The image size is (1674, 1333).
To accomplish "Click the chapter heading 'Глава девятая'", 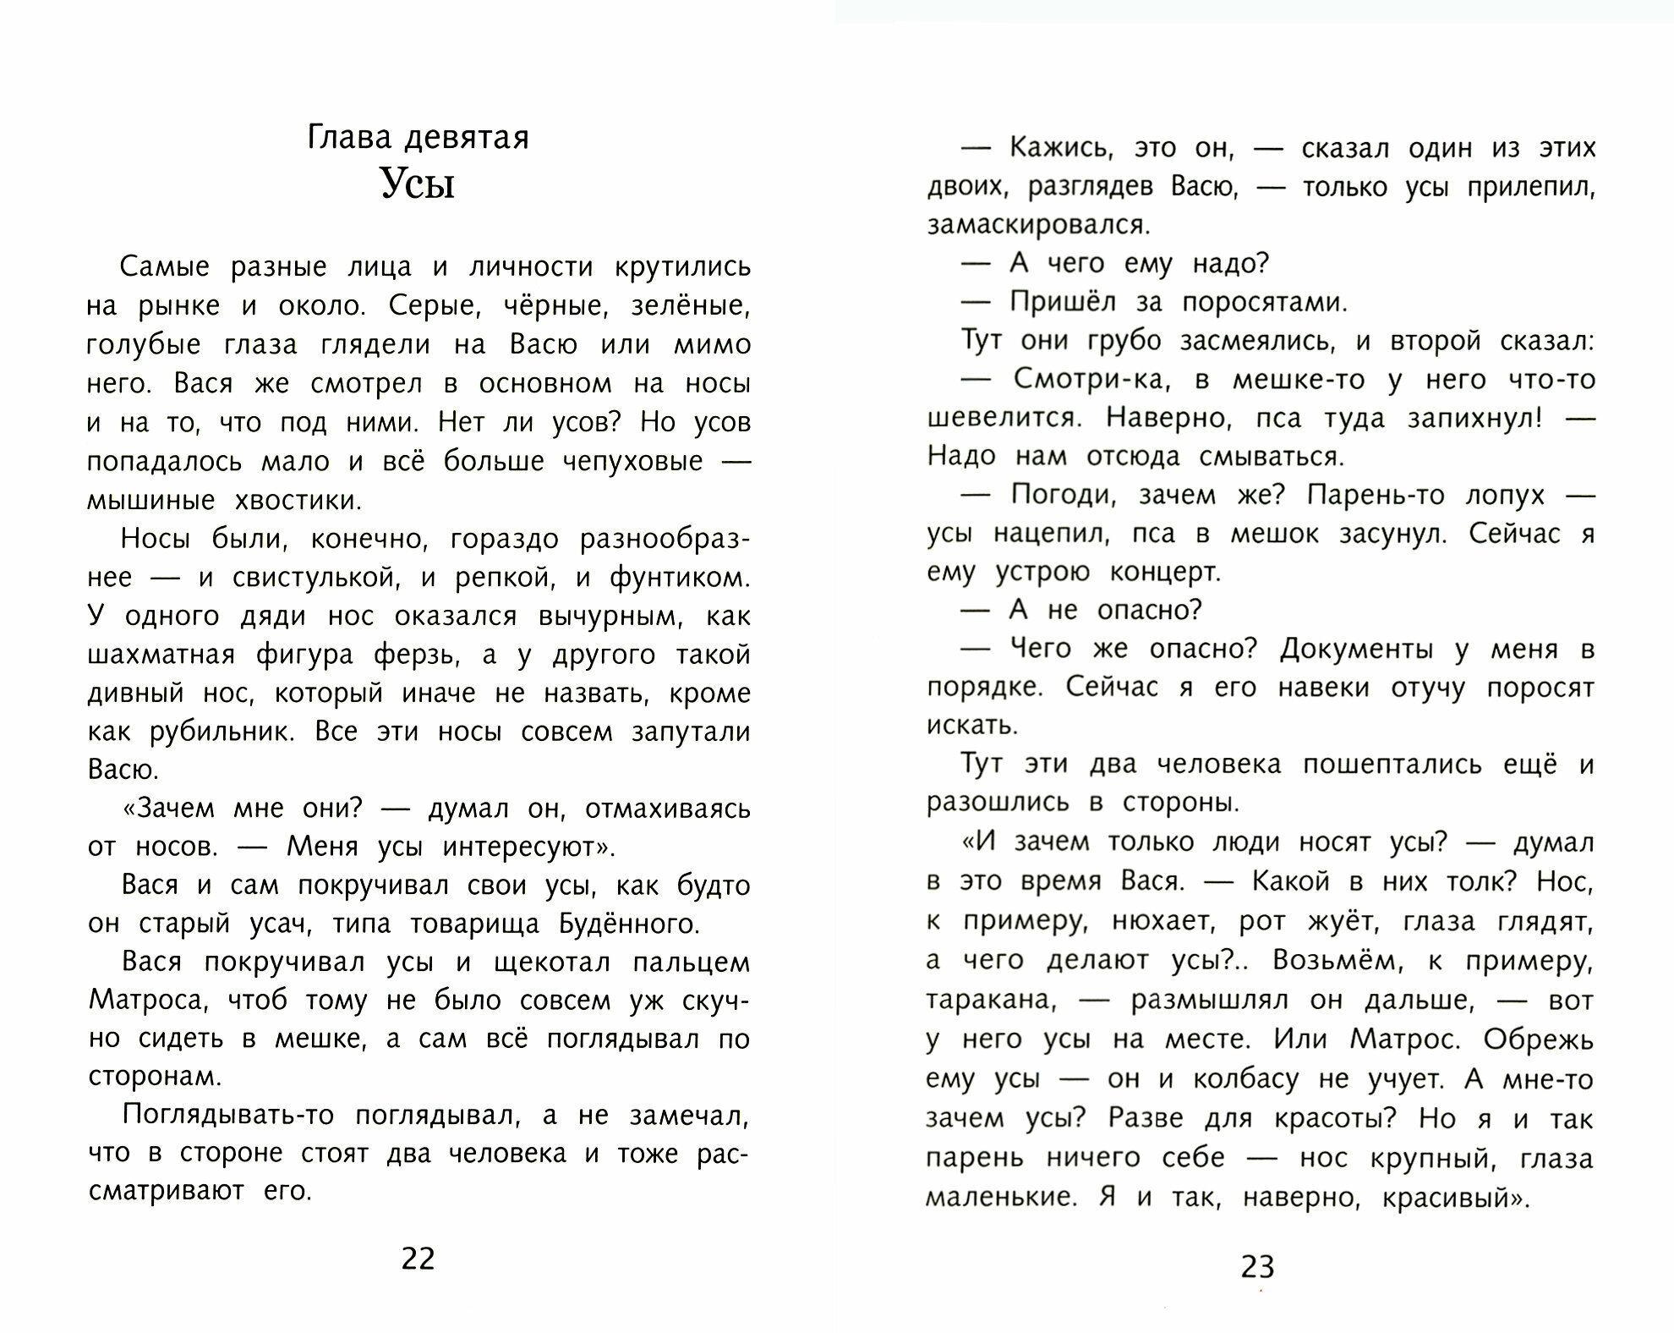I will [418, 137].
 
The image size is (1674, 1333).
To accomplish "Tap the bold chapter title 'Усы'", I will [418, 183].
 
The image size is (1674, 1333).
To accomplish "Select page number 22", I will [418, 1259].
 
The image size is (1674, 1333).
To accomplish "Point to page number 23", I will [1257, 1267].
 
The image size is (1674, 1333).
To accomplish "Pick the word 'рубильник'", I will [222, 732].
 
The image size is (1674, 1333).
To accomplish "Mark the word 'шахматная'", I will [161, 655].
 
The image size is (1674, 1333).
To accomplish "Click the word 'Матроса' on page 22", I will [147, 1001].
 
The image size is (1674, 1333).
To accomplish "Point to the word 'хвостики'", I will [297, 501].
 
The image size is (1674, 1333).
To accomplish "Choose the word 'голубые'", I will [144, 345].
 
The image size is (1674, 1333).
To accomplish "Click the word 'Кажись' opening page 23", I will [1058, 149].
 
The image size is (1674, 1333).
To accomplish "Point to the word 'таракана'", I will [991, 1001].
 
